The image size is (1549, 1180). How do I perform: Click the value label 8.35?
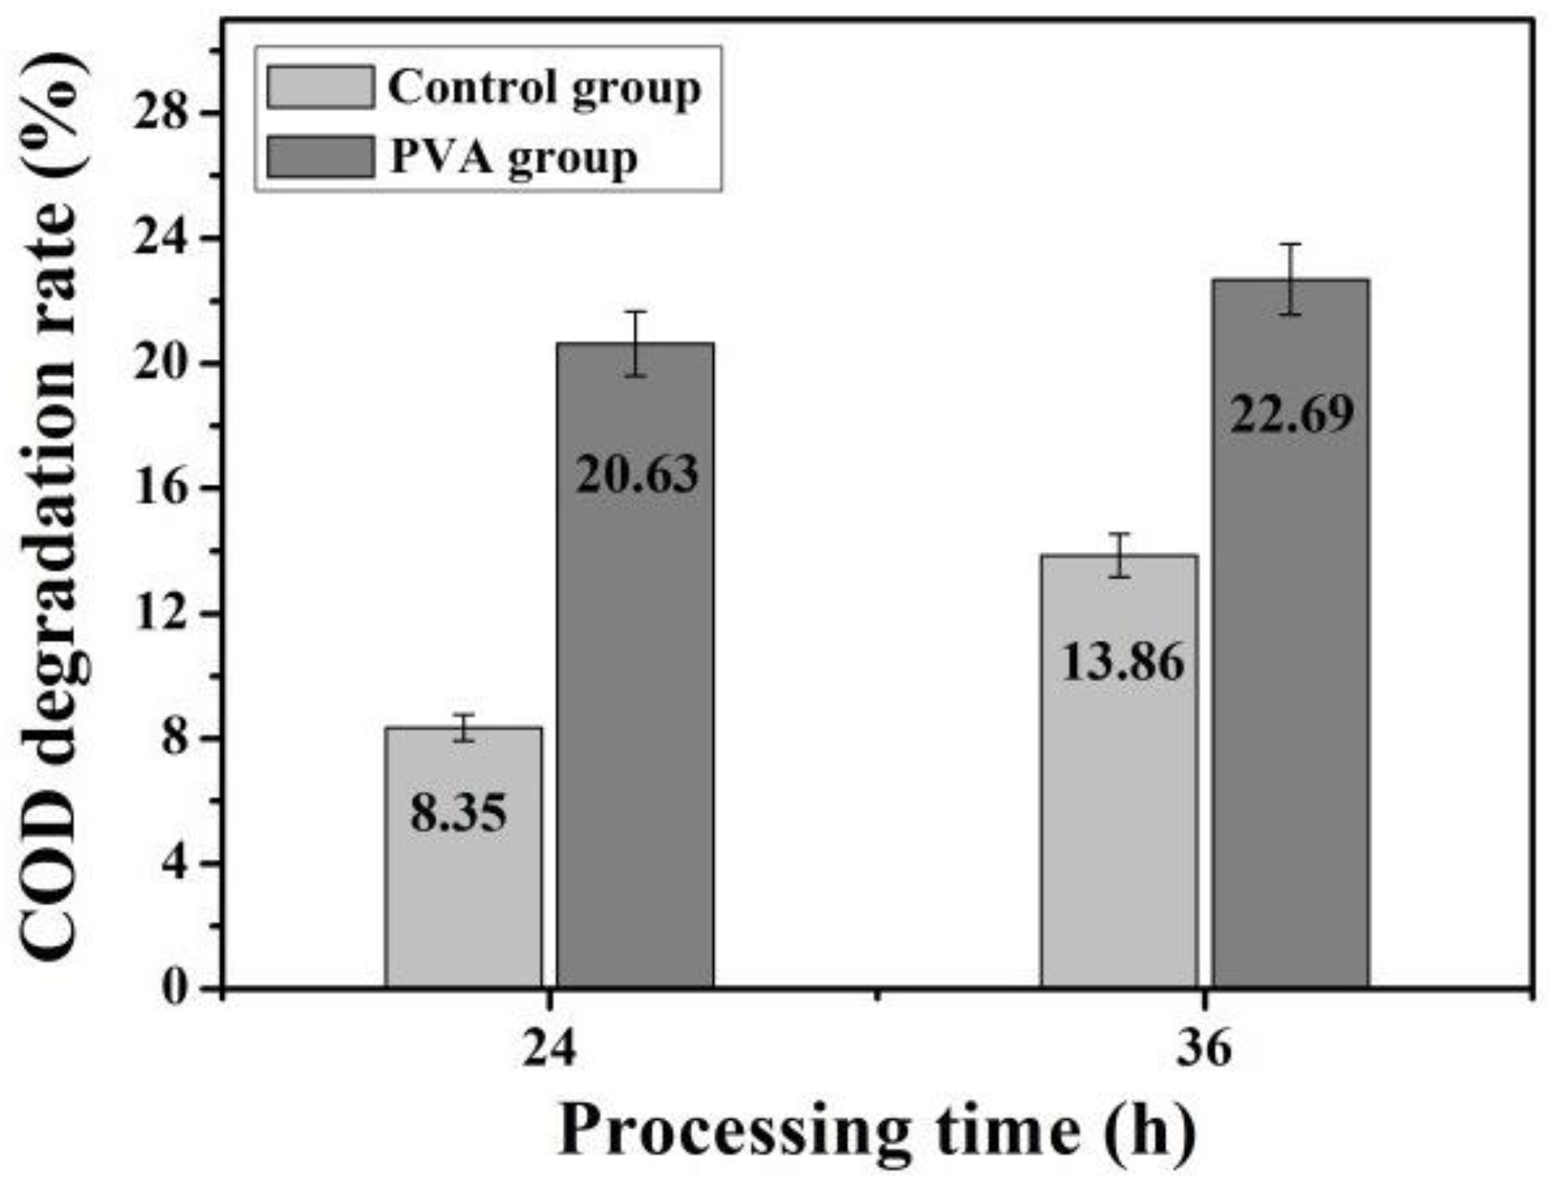[x=458, y=813]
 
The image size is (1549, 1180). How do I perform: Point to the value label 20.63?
[x=636, y=474]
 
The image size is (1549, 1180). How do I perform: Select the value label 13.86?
[x=1122, y=663]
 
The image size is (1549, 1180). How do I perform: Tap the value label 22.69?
[x=1292, y=413]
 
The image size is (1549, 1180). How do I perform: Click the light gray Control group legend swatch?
[x=321, y=88]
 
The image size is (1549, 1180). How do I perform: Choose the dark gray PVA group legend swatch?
[x=321, y=157]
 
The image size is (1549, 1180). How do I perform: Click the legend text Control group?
[x=544, y=88]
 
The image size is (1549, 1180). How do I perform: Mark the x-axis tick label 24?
[x=549, y=1049]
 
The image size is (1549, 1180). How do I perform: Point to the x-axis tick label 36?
[x=1203, y=1049]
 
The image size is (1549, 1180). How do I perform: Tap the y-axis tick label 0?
[x=175, y=989]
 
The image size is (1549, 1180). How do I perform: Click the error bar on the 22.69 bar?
[x=1291, y=279]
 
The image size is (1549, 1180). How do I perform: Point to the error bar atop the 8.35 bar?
[x=463, y=727]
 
